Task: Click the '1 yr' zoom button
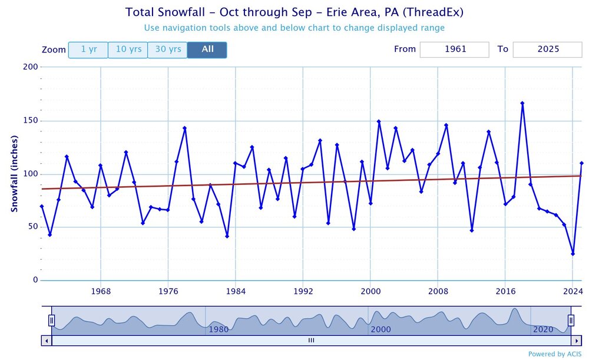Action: pyautogui.click(x=88, y=49)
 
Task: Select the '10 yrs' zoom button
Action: pyautogui.click(x=128, y=49)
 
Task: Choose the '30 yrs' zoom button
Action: pyautogui.click(x=167, y=49)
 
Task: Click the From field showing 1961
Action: pyautogui.click(x=454, y=49)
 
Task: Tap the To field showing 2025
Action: pyautogui.click(x=547, y=49)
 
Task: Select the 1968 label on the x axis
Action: pyautogui.click(x=101, y=291)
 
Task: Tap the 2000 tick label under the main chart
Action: pyautogui.click(x=370, y=291)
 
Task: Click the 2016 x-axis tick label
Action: pyautogui.click(x=505, y=291)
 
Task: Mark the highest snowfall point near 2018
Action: pyautogui.click(x=522, y=103)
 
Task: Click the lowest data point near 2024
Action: pyautogui.click(x=573, y=254)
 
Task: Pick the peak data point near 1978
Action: pyautogui.click(x=185, y=128)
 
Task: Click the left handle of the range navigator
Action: pyautogui.click(x=51, y=321)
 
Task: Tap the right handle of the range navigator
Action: pyautogui.click(x=571, y=321)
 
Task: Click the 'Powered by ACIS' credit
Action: pyautogui.click(x=555, y=354)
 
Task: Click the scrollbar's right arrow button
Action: pyautogui.click(x=577, y=340)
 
